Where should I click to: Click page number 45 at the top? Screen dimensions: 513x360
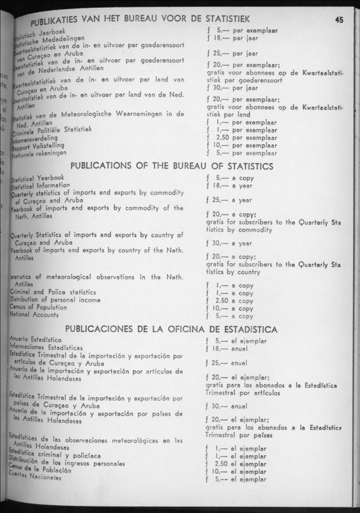340,20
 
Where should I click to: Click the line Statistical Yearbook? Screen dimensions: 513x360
37,178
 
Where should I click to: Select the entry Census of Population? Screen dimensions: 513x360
38,307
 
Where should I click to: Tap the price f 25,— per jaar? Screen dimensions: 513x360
229,54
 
